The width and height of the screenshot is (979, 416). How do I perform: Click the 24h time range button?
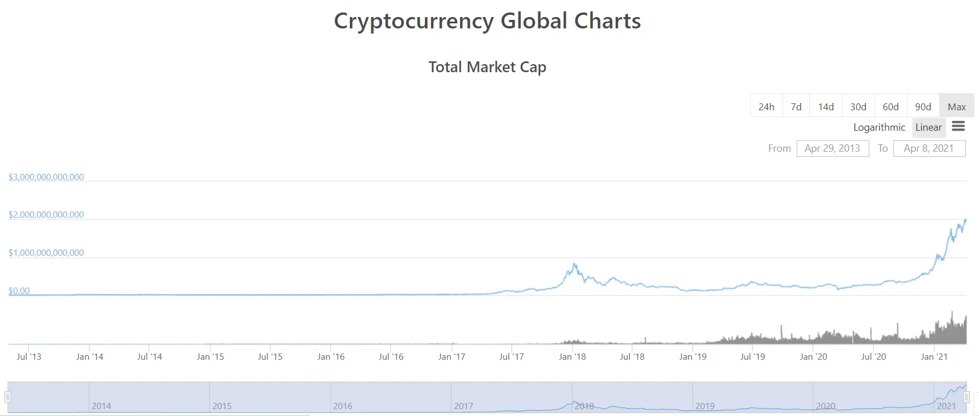pos(766,106)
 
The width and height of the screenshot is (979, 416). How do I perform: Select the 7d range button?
pos(796,106)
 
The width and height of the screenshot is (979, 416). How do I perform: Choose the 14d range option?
pos(826,106)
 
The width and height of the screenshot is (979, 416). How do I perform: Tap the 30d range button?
pos(858,106)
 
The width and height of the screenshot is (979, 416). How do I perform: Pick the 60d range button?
pos(890,106)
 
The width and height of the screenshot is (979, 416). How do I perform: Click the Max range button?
pos(956,106)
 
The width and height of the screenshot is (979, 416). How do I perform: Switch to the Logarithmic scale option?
pos(879,127)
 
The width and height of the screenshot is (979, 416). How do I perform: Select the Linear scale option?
pos(928,127)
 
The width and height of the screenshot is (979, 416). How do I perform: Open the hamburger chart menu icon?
pos(959,126)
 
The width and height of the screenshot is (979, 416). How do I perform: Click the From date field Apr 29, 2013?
pos(832,148)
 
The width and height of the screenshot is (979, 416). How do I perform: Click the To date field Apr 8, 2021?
pos(929,148)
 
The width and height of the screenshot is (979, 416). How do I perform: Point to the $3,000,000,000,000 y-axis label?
pos(46,177)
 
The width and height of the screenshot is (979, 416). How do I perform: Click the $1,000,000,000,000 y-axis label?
pos(46,253)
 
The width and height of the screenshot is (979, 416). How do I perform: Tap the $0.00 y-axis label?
pos(19,291)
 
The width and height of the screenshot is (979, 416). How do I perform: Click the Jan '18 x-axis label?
pos(572,357)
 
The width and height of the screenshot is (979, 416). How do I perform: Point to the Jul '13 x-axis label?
pos(28,357)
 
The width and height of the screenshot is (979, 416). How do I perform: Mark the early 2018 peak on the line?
pos(575,264)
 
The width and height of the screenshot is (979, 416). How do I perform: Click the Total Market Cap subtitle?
pos(487,67)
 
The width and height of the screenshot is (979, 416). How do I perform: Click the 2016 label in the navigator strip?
pos(342,406)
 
